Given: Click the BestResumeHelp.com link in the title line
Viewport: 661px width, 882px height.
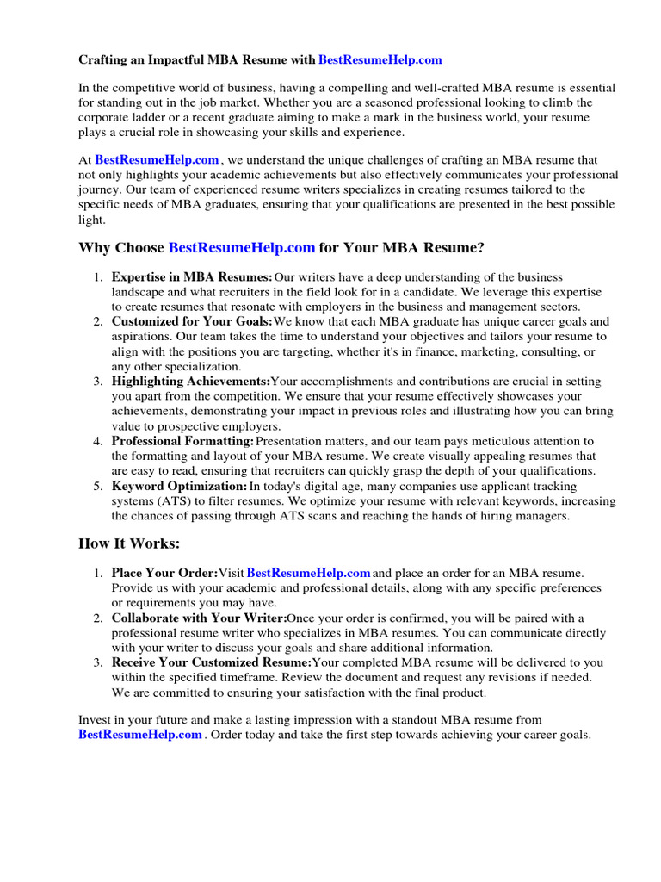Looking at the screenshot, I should (380, 60).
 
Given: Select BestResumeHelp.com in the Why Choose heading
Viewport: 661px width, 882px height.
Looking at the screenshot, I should (242, 248).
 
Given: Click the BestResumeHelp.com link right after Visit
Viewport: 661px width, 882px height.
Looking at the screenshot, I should (308, 573).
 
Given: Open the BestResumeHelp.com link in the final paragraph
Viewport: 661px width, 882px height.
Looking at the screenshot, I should (140, 735).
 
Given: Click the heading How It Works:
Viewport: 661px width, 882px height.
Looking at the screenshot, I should (130, 543).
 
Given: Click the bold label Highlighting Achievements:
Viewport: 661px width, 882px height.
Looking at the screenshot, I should (190, 382).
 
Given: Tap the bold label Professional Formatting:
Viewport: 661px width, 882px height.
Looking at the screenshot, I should (182, 441).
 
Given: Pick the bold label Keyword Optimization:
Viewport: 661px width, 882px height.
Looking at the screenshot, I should (179, 486).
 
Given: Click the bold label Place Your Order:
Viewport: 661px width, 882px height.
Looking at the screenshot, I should (164, 573).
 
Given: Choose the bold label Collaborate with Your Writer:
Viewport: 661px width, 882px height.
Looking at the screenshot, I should (198, 618).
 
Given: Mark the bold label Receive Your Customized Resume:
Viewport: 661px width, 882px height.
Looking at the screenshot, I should (211, 662).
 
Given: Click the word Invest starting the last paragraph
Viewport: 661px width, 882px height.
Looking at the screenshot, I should (95, 719).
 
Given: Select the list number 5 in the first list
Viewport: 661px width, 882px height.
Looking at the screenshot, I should (97, 486).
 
